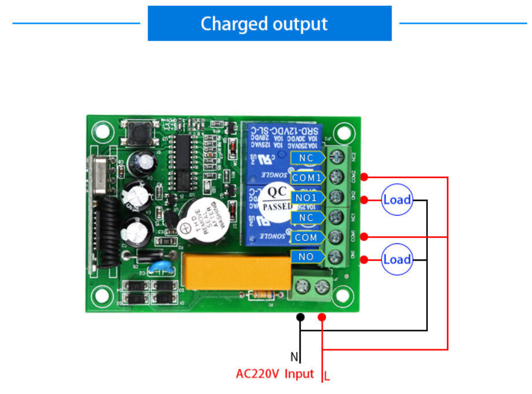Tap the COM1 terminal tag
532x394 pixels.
point(307,177)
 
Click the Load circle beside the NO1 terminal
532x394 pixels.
point(397,200)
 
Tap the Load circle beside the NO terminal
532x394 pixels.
point(397,259)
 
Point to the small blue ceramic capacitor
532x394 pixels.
point(158,268)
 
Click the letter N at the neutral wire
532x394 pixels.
point(294,357)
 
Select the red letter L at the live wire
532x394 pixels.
point(327,377)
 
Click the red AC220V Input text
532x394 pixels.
point(275,374)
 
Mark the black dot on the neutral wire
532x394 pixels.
point(300,317)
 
